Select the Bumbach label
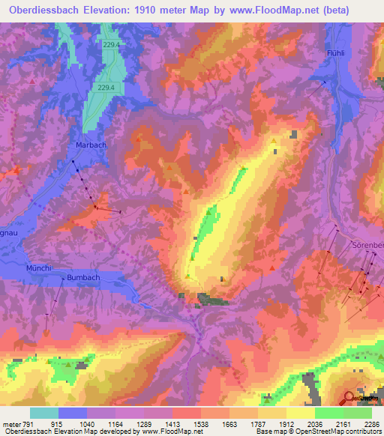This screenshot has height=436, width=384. click(83, 278)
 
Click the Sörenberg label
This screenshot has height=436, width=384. click(367, 245)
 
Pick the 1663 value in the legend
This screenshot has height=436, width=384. click(230, 424)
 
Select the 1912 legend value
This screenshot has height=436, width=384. click(286, 424)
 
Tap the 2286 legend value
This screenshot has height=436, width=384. click(370, 424)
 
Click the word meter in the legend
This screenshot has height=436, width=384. click(10, 424)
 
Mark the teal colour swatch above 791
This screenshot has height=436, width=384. click(43, 413)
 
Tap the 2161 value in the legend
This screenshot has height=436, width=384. click(343, 424)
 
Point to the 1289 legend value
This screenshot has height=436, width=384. click(145, 424)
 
